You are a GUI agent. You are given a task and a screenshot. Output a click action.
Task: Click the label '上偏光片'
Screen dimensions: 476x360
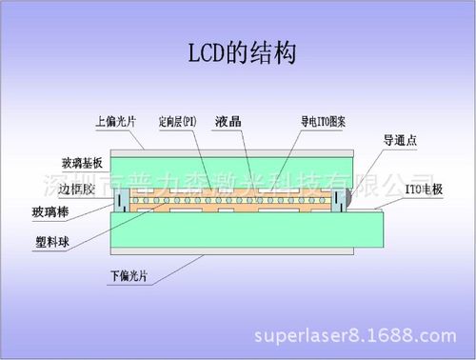click(116, 122)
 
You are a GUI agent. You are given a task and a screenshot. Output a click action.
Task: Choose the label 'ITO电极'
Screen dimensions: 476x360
click(422, 190)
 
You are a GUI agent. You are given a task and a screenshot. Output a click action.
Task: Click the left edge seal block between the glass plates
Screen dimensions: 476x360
click(121, 200)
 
